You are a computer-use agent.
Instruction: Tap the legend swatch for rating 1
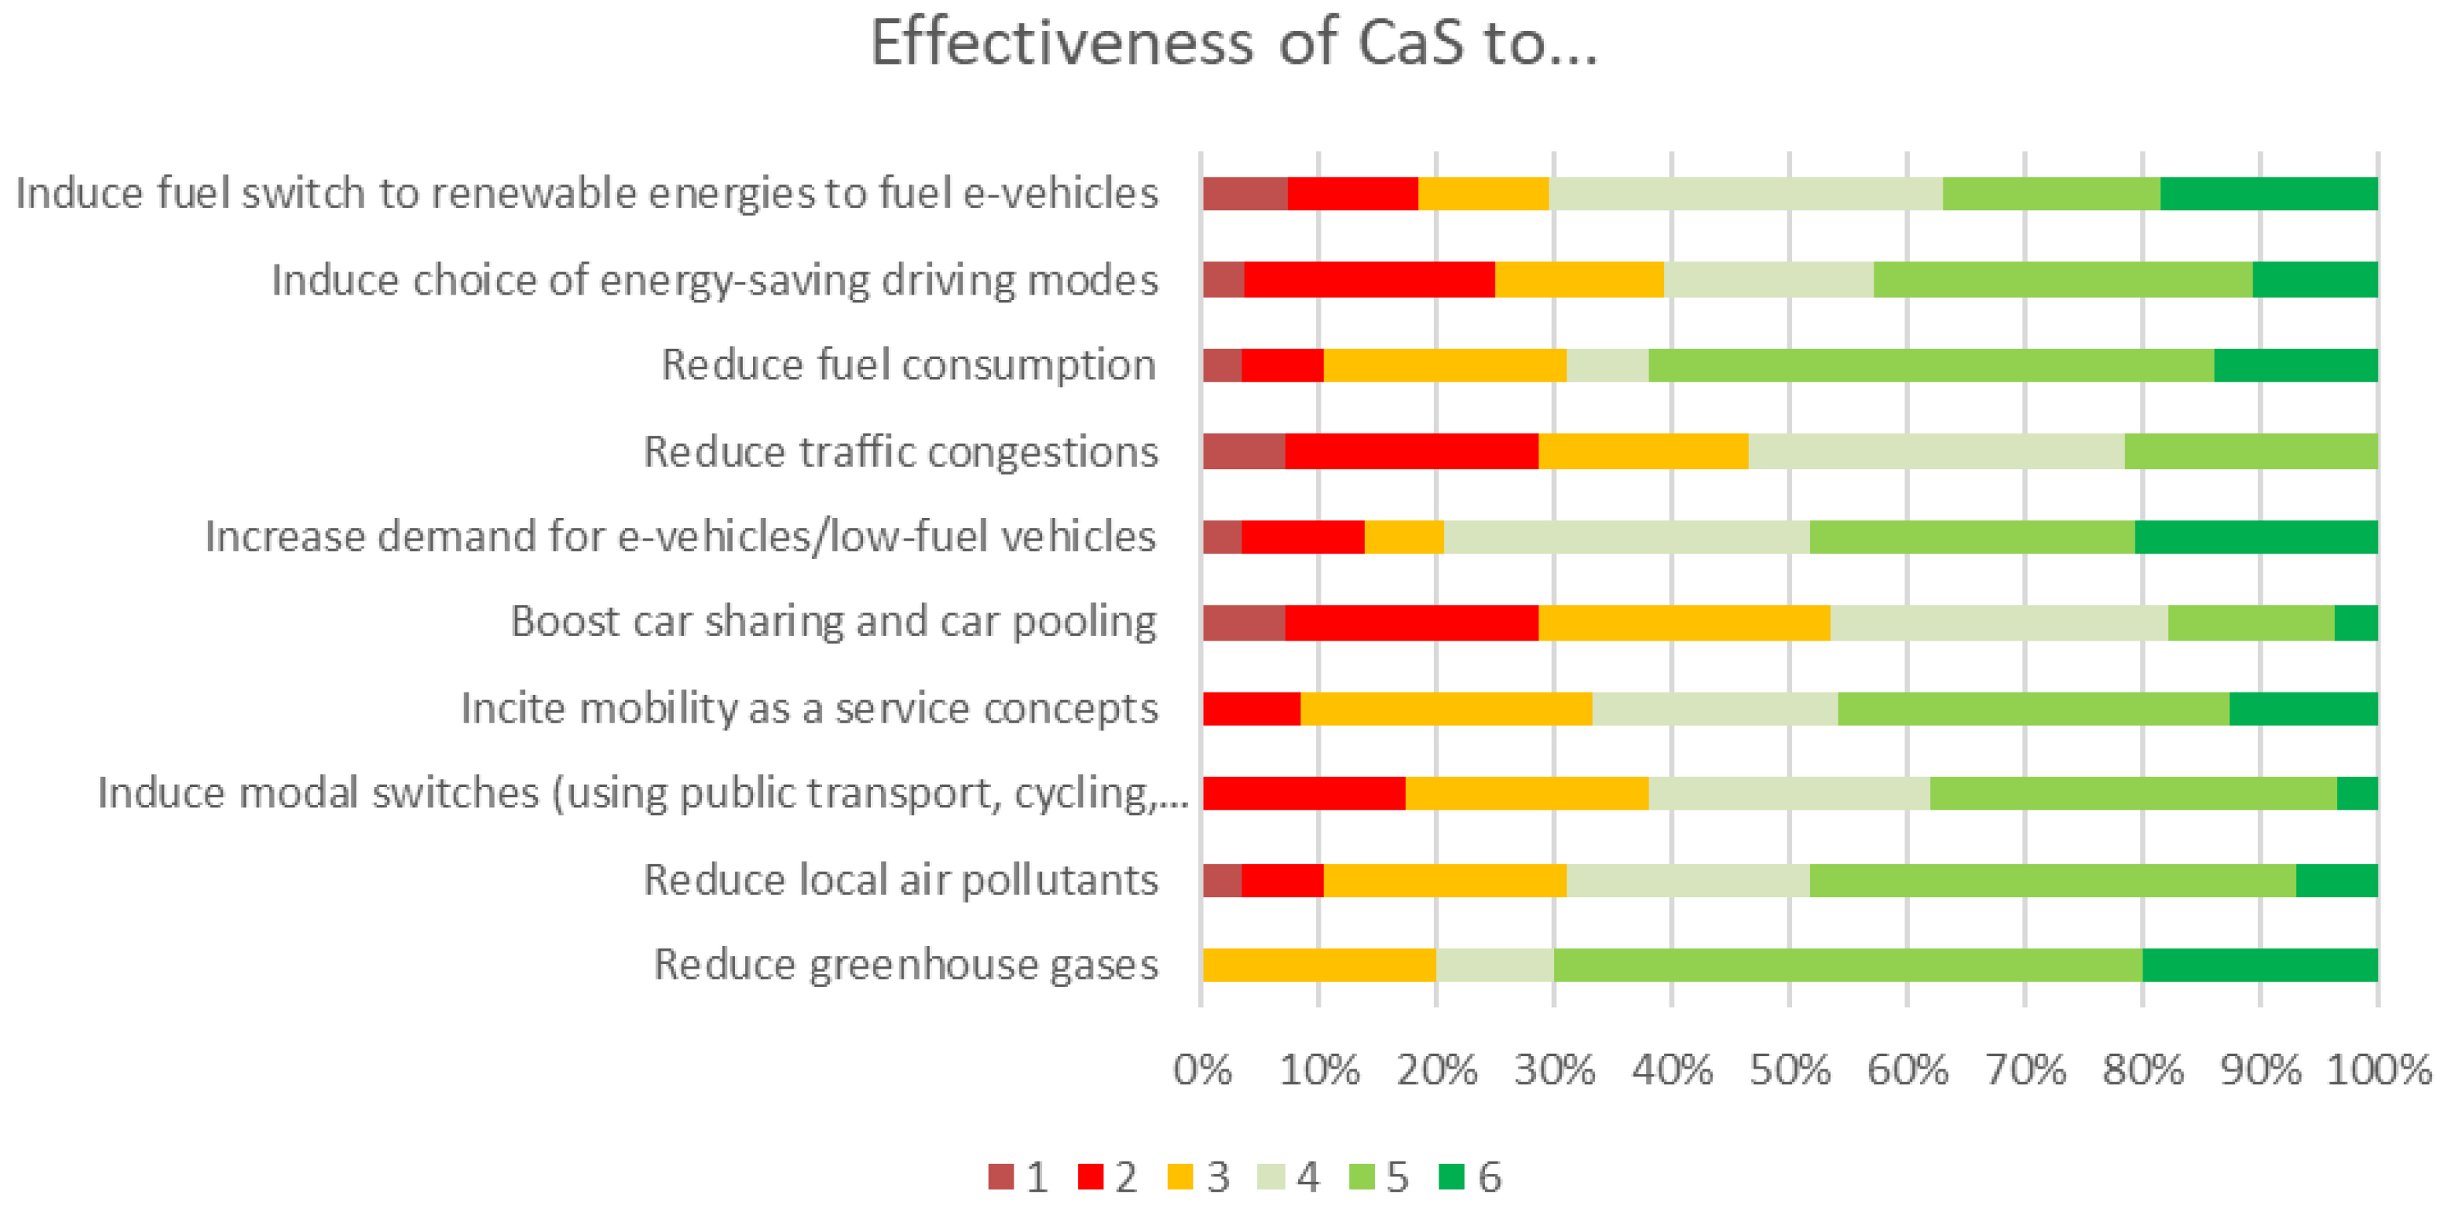(x=1000, y=1177)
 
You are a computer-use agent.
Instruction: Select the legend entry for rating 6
(x=1469, y=1177)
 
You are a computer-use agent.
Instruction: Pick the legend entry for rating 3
(x=1199, y=1177)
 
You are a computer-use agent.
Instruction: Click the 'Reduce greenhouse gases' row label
(x=906, y=965)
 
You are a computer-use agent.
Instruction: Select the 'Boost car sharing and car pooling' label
(x=834, y=622)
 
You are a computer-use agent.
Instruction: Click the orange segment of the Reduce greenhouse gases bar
(x=1319, y=965)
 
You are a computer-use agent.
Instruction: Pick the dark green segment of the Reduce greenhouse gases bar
(x=2260, y=965)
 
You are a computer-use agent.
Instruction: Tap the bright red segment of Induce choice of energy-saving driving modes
(x=1369, y=280)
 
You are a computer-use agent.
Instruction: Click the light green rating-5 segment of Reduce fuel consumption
(x=1931, y=365)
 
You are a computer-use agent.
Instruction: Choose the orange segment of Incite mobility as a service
(x=1445, y=709)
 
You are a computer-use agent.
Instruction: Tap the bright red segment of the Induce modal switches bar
(x=1304, y=793)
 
